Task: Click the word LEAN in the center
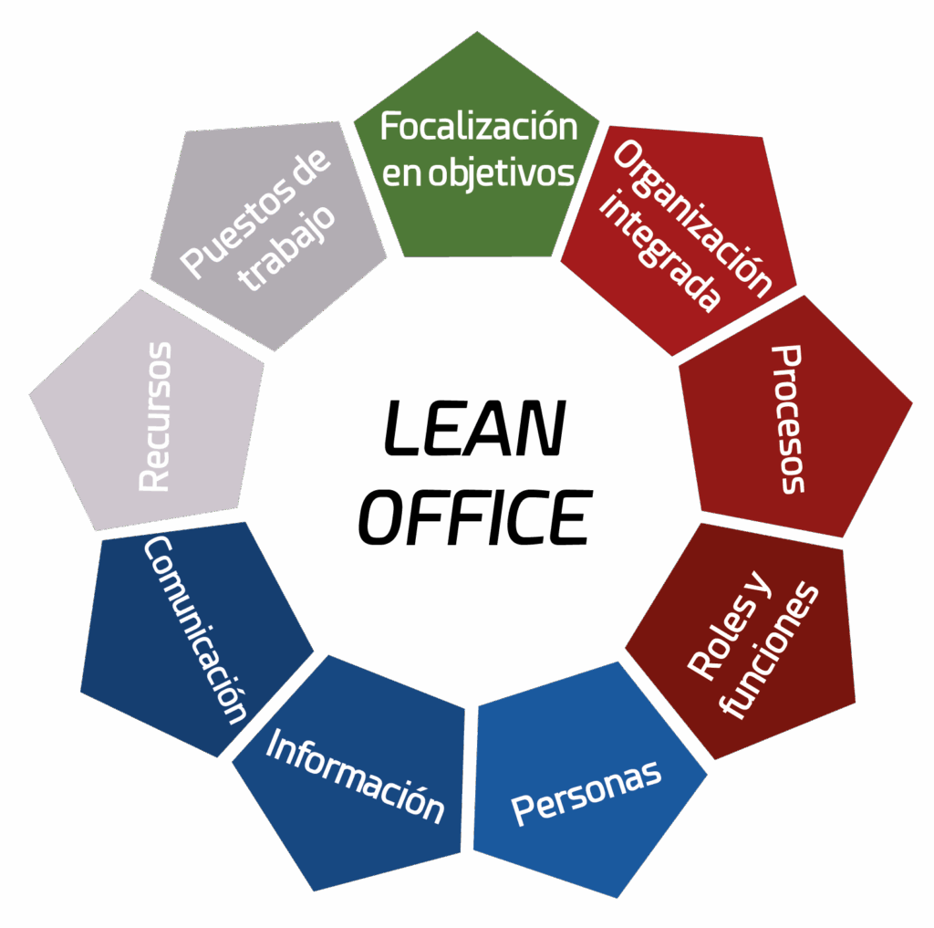point(474,429)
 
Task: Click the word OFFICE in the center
point(475,517)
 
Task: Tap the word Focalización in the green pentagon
point(479,126)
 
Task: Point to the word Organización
point(692,219)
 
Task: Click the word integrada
point(659,251)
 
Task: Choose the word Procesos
point(788,419)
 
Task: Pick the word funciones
point(768,650)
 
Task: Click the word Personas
point(586,793)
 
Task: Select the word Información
point(355,777)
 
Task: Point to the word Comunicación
point(195,630)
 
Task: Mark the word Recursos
point(155,417)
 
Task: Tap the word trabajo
point(286,248)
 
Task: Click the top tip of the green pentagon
point(477,32)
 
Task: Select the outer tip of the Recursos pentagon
point(30,394)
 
